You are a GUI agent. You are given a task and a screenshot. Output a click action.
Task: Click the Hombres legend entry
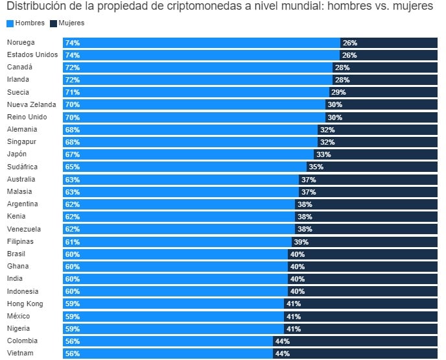pyautogui.click(x=26, y=23)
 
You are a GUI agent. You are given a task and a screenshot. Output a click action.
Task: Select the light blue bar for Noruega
pyautogui.click(x=201, y=43)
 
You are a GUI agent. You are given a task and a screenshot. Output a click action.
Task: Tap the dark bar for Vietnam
pyautogui.click(x=363, y=354)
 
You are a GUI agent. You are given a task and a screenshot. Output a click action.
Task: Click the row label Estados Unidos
pyautogui.click(x=32, y=55)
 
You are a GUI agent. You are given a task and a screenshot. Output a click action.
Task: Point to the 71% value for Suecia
pyautogui.click(x=73, y=93)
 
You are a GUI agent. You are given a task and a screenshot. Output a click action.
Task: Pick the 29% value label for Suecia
pyautogui.click(x=338, y=93)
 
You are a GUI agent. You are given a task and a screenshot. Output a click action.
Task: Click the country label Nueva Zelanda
pyautogui.click(x=31, y=105)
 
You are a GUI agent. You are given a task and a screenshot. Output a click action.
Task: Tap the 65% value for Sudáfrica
pyautogui.click(x=73, y=167)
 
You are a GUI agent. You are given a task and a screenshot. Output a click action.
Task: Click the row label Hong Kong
pyautogui.click(x=25, y=304)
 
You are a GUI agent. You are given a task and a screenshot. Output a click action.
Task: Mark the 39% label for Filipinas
pyautogui.click(x=301, y=242)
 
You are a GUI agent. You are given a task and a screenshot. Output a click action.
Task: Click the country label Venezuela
pyautogui.click(x=24, y=229)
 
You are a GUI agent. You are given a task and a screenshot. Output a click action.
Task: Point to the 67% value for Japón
pyautogui.click(x=73, y=154)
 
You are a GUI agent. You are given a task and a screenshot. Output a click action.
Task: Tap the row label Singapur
pyautogui.click(x=22, y=142)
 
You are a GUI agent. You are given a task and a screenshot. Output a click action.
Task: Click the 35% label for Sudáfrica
pyautogui.click(x=316, y=167)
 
